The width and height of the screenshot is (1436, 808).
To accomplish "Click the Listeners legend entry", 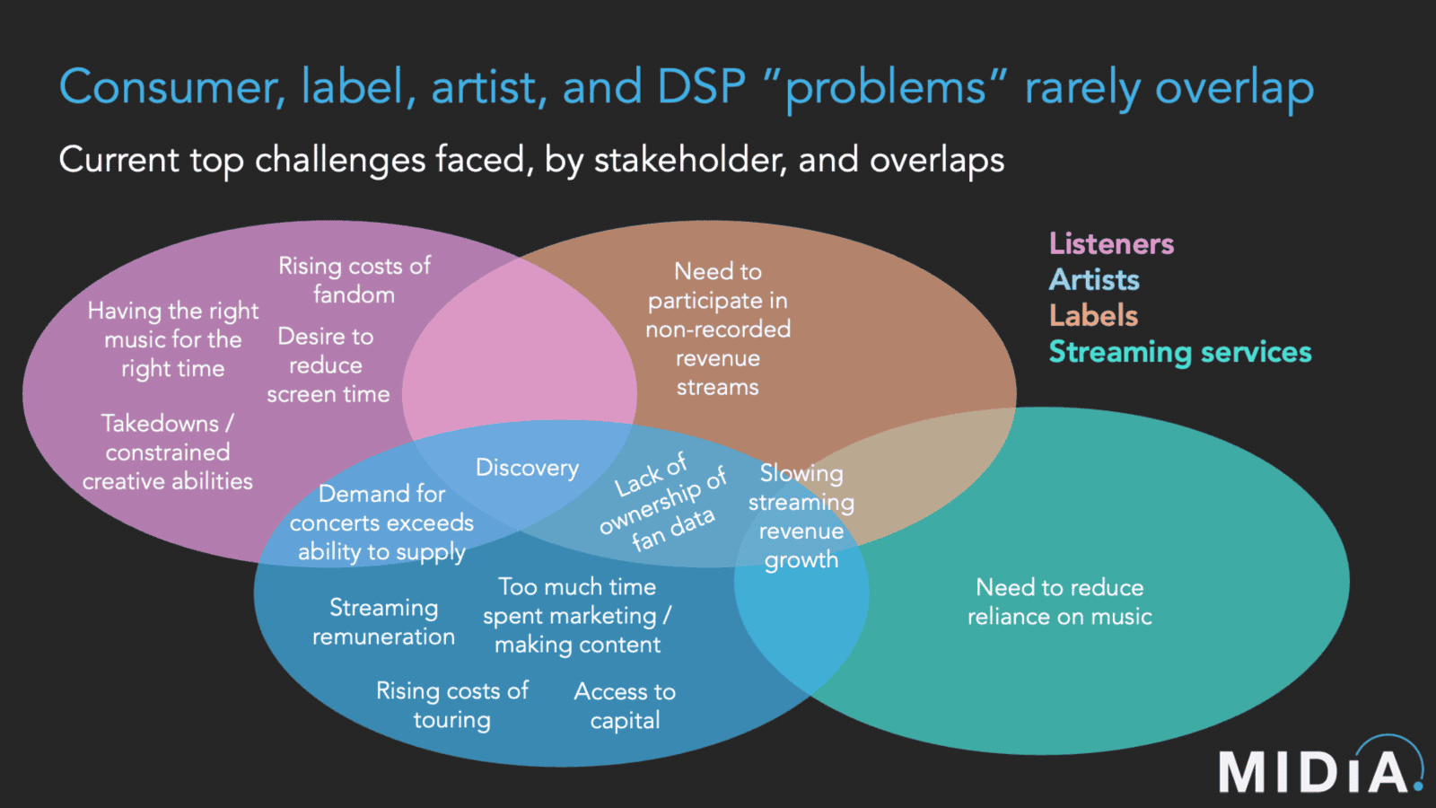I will [1111, 244].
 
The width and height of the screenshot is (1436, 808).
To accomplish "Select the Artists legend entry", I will [1094, 280].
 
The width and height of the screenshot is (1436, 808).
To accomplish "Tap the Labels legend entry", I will [1093, 316].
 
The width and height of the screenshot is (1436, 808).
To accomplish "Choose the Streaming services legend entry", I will [1179, 352].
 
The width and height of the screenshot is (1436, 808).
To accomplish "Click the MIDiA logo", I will [1319, 768].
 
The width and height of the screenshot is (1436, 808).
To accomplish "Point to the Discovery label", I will [527, 468].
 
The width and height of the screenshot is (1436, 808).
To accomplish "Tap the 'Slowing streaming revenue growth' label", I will [801, 516].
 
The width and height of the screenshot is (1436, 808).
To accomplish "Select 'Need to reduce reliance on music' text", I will [1059, 602].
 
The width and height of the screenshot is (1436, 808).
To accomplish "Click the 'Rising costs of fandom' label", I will [355, 280].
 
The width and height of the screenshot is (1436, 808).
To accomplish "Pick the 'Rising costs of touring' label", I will [451, 705].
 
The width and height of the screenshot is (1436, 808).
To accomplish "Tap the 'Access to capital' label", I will [625, 706].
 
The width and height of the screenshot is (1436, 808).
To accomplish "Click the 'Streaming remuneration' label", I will [383, 622].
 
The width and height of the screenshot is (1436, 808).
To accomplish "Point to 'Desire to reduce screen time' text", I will [328, 365].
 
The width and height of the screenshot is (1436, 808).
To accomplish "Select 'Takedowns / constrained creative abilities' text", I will [168, 452].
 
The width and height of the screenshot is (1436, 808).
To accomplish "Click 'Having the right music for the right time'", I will [173, 339].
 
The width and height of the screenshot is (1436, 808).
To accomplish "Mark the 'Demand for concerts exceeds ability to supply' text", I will [381, 523].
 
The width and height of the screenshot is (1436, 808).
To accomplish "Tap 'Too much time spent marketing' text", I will [577, 616].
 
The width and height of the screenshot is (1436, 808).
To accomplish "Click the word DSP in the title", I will [701, 88].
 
